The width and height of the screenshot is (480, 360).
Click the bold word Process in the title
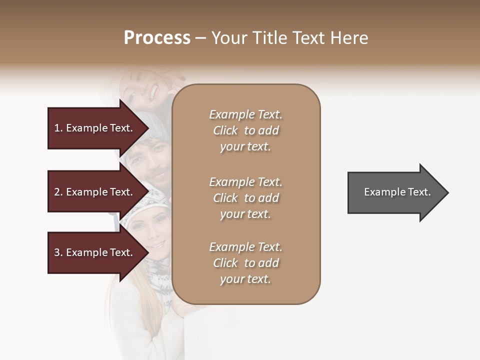coord(157,38)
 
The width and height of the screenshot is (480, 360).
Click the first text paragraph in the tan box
coord(245,130)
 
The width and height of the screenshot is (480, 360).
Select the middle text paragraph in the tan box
coord(245,198)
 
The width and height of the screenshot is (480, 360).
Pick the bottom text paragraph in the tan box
coord(245,263)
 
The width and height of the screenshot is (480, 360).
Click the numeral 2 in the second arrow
coord(57,192)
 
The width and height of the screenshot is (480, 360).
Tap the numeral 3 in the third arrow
coord(57,252)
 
